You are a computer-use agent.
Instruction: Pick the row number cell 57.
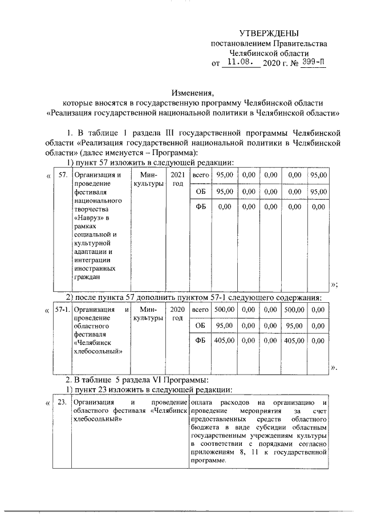[x=63, y=174]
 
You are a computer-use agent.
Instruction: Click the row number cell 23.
[x=63, y=403]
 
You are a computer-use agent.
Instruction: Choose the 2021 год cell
[x=177, y=179]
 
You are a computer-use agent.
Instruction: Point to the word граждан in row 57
[x=87, y=277]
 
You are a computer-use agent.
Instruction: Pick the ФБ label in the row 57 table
[x=200, y=207]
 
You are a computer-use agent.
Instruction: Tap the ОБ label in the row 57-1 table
[x=200, y=325]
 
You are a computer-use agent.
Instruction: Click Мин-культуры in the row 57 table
[x=148, y=179]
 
